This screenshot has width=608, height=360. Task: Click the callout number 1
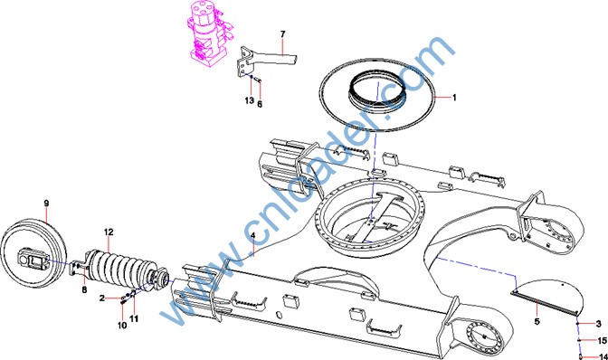[x=454, y=98]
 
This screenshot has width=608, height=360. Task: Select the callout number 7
[x=282, y=34]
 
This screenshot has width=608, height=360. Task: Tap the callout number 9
[x=46, y=203]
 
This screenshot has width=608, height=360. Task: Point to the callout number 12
[x=109, y=232]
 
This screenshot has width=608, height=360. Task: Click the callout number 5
[x=537, y=321]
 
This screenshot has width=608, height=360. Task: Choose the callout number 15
[x=603, y=341]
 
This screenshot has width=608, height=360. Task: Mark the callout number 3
[x=599, y=324]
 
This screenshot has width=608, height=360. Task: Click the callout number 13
[x=250, y=100]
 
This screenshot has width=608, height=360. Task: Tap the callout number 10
[x=122, y=326]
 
